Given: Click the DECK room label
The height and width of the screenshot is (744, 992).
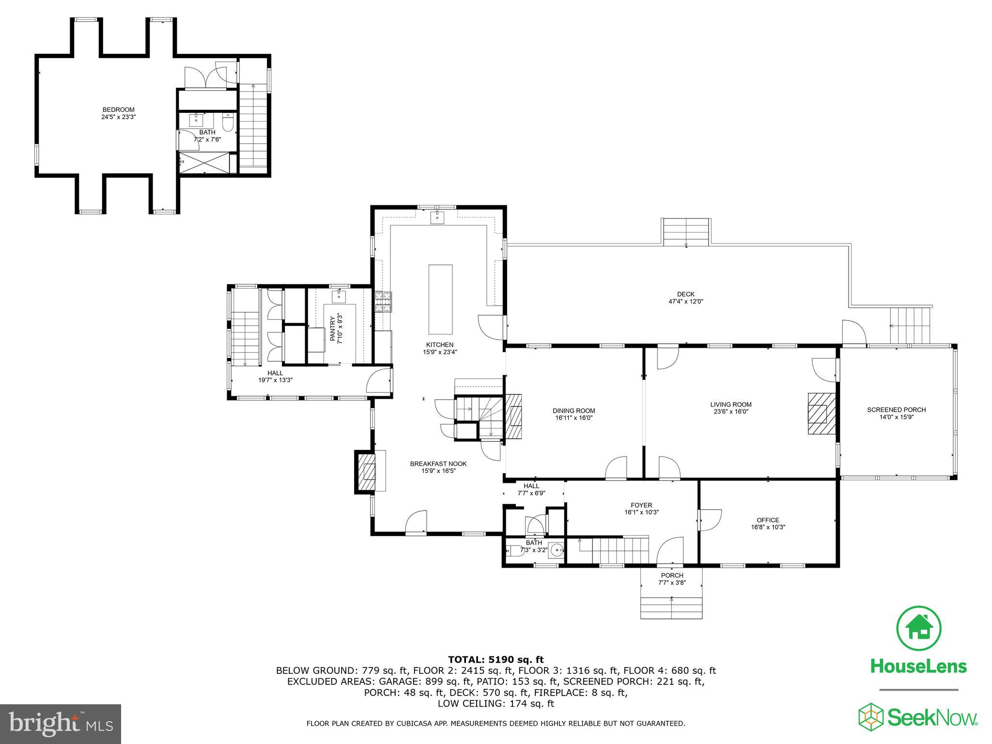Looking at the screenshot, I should click(685, 294).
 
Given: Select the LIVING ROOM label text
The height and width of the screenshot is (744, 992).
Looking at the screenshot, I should click(730, 404).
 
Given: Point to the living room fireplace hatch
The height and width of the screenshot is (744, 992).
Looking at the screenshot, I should click(821, 413).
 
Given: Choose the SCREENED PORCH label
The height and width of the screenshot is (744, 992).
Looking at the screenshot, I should click(896, 410).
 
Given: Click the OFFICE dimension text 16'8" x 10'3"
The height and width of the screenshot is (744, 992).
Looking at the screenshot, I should click(767, 527).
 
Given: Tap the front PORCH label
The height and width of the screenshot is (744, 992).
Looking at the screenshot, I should click(671, 575).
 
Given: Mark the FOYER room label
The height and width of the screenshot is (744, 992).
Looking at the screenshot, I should click(641, 505).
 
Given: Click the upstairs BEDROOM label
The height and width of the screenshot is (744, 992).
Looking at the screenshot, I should click(118, 110).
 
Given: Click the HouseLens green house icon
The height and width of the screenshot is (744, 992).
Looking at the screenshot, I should click(919, 628).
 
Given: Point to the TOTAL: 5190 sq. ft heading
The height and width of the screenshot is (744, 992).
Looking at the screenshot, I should click(496, 659).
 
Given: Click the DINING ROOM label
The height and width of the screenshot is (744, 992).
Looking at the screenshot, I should click(573, 411).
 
